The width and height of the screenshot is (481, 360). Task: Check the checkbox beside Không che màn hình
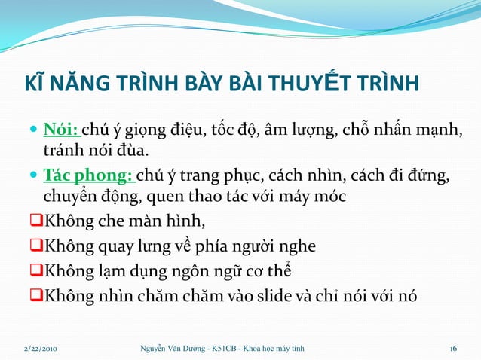click(35, 222)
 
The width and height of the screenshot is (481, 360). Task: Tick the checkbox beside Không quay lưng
click(35, 246)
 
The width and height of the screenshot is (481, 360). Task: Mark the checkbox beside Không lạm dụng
click(35, 271)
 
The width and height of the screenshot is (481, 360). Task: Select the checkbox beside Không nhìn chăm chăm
click(35, 296)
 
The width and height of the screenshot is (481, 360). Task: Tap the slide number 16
click(453, 348)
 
